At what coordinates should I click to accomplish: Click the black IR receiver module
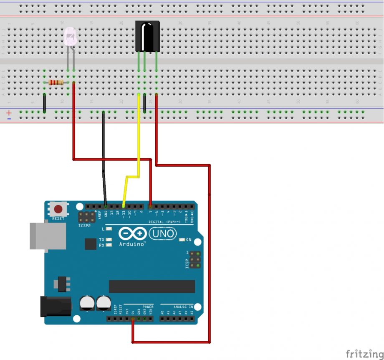(x=147, y=36)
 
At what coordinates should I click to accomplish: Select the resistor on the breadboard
(x=56, y=82)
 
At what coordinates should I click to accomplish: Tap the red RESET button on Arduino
(x=58, y=209)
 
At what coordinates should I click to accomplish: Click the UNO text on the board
(x=163, y=233)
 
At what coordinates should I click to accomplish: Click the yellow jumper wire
(x=138, y=138)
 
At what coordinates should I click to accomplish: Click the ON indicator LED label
(x=188, y=240)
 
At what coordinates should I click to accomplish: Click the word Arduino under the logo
(x=132, y=243)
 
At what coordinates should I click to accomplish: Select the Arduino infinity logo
(x=132, y=233)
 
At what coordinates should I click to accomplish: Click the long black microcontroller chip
(x=152, y=286)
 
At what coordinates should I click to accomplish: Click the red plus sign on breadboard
(x=9, y=112)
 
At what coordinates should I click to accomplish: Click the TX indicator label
(x=102, y=240)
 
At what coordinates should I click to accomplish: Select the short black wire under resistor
(x=44, y=103)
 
